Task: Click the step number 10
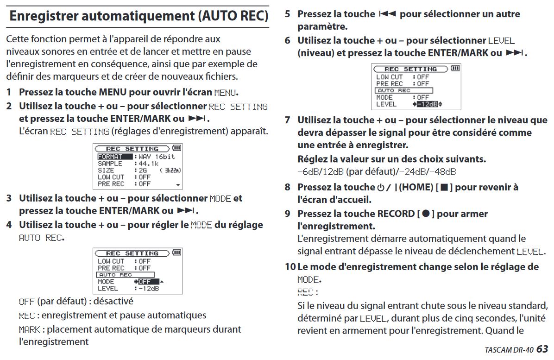click(x=290, y=267)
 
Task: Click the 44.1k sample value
click(x=148, y=164)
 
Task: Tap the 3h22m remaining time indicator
click(x=171, y=171)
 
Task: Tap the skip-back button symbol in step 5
click(x=387, y=14)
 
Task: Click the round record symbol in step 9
click(x=425, y=214)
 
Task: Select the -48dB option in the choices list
click(x=443, y=172)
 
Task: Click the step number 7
click(x=288, y=120)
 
